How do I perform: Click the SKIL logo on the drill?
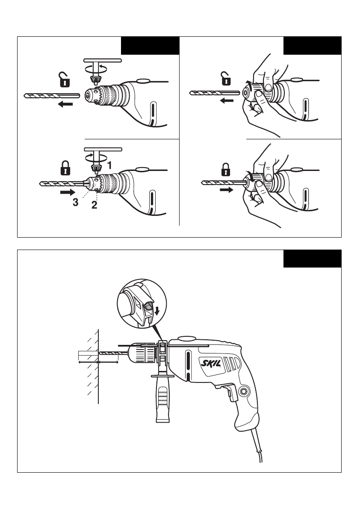coord(211,362)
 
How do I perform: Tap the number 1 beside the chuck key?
coord(109,165)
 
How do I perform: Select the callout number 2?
coord(94,205)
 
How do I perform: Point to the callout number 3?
coord(75,202)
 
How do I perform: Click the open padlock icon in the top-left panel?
coord(64,79)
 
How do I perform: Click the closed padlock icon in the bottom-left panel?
coord(65,168)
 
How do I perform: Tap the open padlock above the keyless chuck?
coord(226,79)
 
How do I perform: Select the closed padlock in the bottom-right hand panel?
coord(226,170)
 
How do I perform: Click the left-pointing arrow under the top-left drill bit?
coord(65,104)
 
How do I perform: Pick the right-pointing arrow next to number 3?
coord(68,192)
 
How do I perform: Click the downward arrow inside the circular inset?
coord(157,311)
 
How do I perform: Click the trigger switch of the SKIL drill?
coord(231,392)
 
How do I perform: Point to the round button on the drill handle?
coord(244,391)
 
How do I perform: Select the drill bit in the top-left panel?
coord(52,95)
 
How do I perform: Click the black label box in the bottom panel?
coord(312,259)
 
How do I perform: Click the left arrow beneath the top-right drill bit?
coord(227,100)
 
